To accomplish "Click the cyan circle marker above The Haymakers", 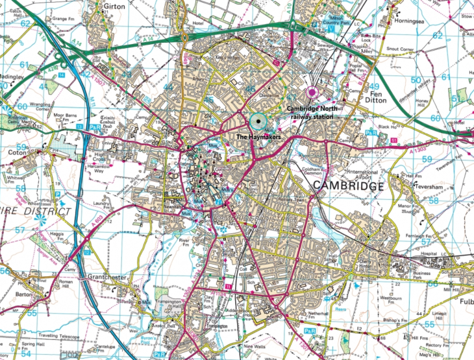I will pos(259,121).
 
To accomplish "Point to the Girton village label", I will pos(114,5).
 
